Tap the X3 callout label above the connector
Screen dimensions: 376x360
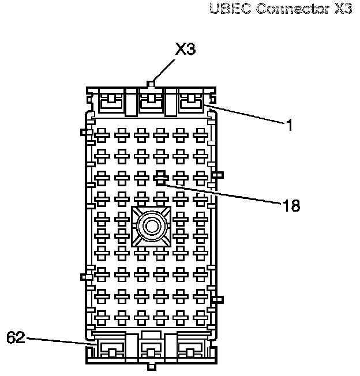[185, 50]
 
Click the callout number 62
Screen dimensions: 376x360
[16, 337]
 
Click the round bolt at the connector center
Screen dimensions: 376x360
[152, 225]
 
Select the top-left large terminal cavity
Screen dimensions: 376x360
[111, 103]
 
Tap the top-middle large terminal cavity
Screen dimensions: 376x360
[151, 103]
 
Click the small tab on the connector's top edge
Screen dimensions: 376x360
[151, 84]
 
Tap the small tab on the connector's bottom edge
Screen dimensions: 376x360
[151, 367]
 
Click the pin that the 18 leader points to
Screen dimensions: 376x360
[161, 175]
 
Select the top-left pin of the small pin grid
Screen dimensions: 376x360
[102, 136]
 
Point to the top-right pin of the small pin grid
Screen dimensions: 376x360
[200, 136]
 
